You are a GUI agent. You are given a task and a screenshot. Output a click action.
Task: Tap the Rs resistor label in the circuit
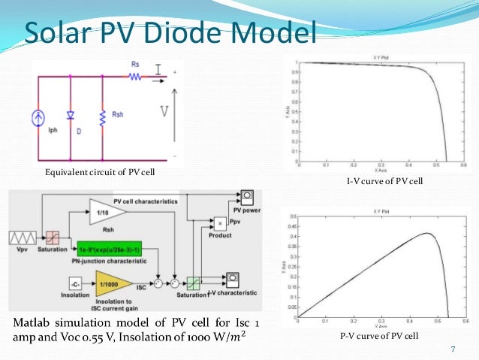134,64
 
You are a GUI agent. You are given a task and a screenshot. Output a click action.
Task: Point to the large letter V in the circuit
164,112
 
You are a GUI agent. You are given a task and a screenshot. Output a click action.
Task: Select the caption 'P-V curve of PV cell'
378,335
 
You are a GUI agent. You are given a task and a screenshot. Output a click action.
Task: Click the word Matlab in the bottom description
32,323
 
